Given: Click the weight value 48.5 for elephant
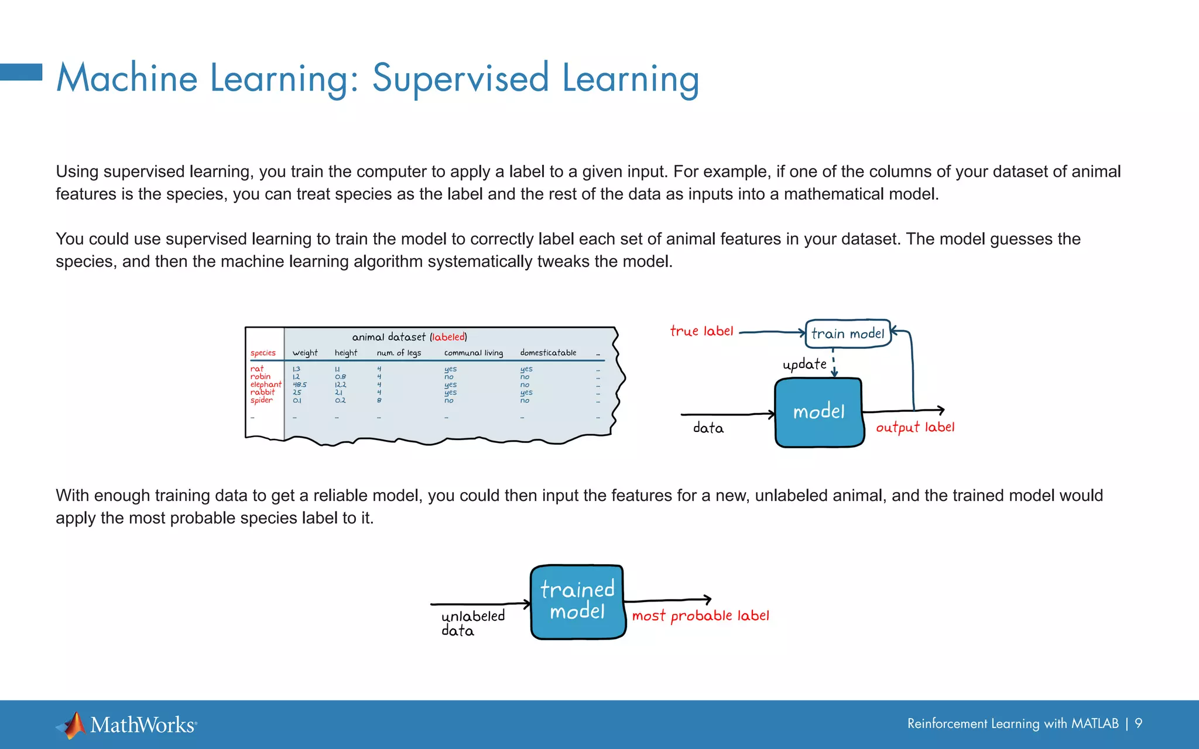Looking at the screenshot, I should click(x=299, y=385).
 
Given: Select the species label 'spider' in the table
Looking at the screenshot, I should click(x=261, y=400).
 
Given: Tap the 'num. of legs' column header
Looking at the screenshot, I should click(x=399, y=353).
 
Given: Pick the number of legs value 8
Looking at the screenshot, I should click(x=379, y=400).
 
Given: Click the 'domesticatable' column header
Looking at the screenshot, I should click(x=548, y=353).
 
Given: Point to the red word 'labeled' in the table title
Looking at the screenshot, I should click(x=448, y=337).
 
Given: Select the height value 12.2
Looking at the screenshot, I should click(x=340, y=385).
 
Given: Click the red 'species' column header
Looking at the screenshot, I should click(x=263, y=353).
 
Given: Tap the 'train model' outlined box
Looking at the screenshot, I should click(x=848, y=334).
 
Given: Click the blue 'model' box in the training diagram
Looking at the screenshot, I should click(x=818, y=412).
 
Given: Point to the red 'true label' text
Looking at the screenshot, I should click(x=701, y=331).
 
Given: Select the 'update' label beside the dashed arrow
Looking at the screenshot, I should click(x=804, y=365).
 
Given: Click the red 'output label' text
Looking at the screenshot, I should click(x=915, y=428).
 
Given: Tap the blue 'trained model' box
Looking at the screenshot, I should click(x=577, y=601).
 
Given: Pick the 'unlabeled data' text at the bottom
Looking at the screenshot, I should click(x=472, y=623).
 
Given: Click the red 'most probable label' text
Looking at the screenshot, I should click(x=700, y=616).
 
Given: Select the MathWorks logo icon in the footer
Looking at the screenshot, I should click(x=73, y=725).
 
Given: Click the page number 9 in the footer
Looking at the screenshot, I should click(x=1138, y=723).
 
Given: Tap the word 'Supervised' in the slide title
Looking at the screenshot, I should click(x=461, y=78).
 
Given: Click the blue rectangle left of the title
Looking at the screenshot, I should click(x=21, y=72).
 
